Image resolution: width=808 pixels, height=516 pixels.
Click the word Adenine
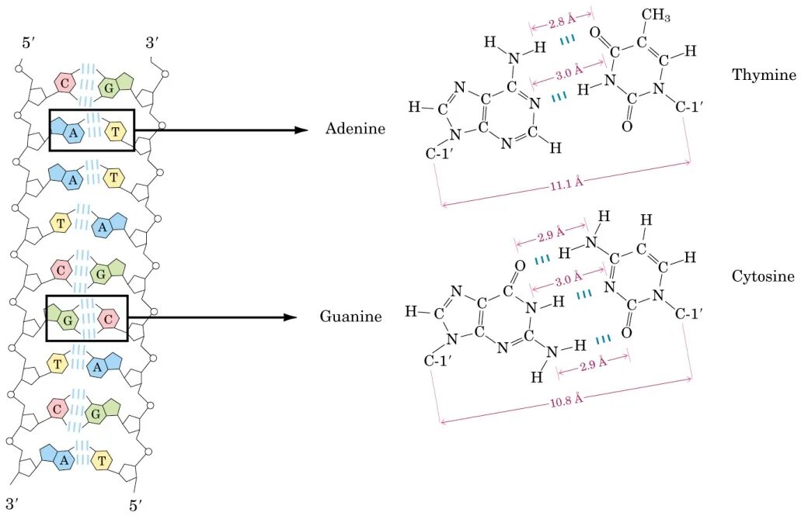[x=355, y=129]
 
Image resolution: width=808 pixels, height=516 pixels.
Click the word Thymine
[x=764, y=75]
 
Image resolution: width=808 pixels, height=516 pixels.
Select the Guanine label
[x=350, y=317]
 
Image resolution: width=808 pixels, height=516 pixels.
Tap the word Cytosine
[x=763, y=276]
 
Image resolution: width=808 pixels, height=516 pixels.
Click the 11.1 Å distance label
[x=566, y=184]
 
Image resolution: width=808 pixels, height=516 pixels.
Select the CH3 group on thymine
[x=656, y=16]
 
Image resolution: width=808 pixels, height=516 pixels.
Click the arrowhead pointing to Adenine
[x=303, y=130]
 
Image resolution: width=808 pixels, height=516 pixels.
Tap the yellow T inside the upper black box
[x=116, y=131]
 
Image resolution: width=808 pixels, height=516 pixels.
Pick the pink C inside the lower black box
[x=110, y=317]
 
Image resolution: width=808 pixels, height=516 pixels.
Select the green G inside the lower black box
[x=67, y=318]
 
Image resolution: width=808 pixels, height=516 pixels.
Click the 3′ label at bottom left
[x=12, y=502]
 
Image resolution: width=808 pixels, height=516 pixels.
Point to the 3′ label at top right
[x=152, y=43]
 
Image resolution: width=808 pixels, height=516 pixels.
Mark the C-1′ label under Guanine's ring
[x=441, y=361]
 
